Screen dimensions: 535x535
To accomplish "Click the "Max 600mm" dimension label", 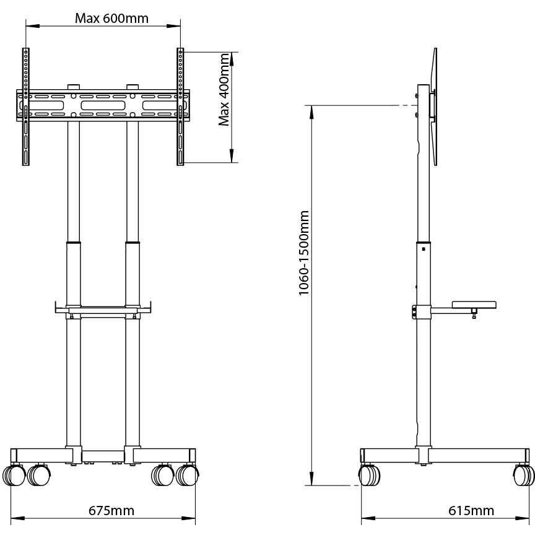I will (111, 18).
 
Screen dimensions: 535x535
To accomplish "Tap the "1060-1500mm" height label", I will (303, 253).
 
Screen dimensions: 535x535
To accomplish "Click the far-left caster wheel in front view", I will (12, 476).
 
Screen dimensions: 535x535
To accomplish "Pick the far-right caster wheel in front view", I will (188, 476).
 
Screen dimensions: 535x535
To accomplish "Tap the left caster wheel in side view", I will (368, 476).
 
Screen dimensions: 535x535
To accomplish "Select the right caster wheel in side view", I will (524, 476).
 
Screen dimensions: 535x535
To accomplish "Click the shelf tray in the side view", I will (475, 304).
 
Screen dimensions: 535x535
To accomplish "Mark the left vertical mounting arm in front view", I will (25, 107).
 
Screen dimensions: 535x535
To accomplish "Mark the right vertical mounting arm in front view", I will (180, 107).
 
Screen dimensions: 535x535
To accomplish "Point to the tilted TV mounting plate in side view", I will (434, 107).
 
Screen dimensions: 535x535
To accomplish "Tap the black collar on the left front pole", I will (74, 241).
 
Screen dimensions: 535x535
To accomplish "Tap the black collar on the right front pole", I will (132, 241).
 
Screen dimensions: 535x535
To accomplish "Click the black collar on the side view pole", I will (424, 241).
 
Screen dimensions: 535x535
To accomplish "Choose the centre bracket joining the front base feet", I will (102, 456).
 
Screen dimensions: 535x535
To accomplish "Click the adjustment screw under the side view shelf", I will (474, 314).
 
